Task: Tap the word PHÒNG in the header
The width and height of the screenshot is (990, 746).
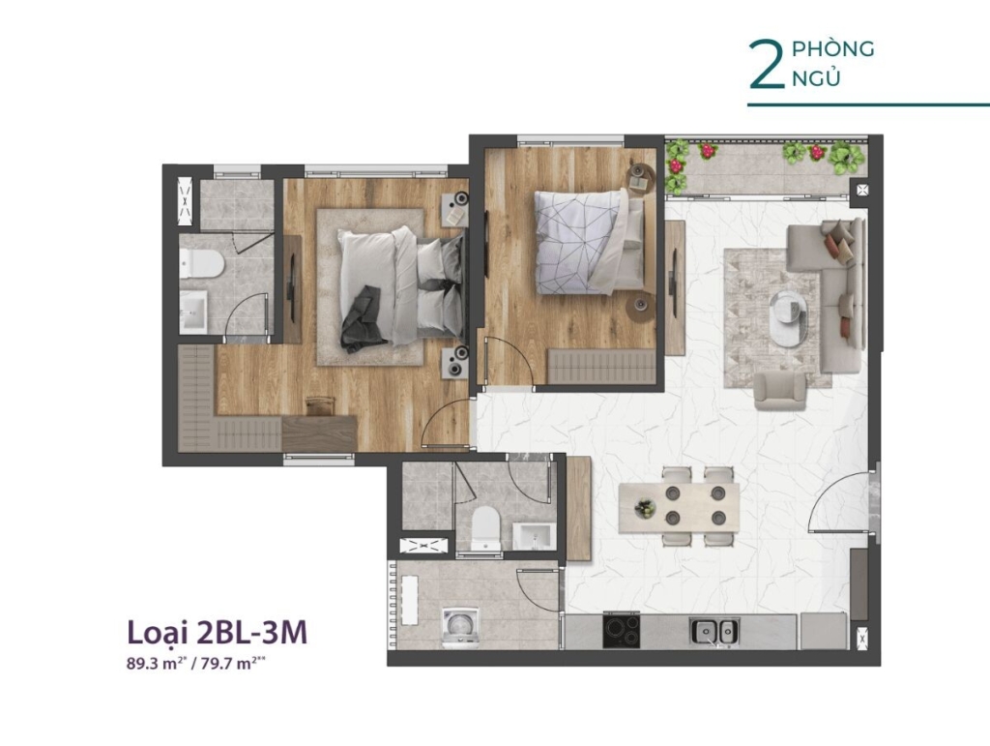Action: (832, 48)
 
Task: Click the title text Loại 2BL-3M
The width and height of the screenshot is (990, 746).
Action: (218, 632)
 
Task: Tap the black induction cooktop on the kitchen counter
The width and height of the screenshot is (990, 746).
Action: (622, 631)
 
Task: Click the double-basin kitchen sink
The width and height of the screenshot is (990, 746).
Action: (714, 631)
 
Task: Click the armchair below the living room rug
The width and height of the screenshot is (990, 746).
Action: (780, 391)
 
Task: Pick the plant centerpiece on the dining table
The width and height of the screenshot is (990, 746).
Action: (645, 508)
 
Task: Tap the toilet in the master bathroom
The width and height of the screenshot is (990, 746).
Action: (201, 263)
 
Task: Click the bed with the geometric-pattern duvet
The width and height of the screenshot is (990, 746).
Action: (589, 243)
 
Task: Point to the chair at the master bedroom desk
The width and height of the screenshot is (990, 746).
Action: (319, 405)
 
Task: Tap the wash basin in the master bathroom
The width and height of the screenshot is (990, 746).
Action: (193, 311)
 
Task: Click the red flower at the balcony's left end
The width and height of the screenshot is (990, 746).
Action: (676, 165)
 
